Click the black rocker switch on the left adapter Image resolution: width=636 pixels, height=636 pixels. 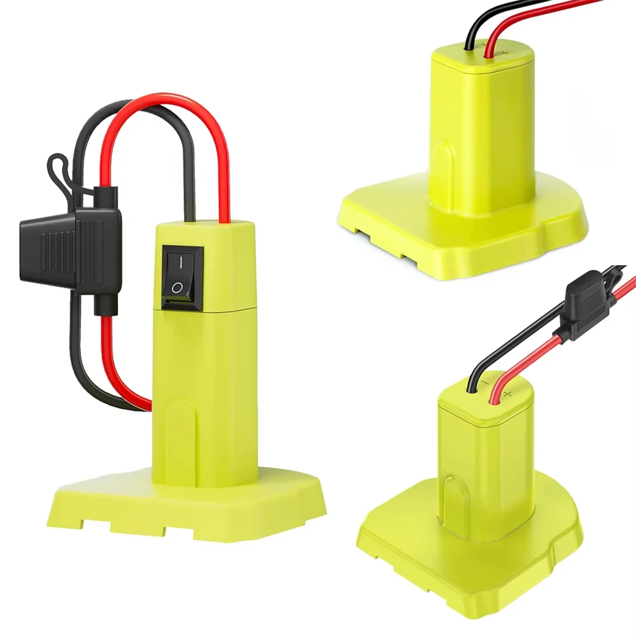[x=182, y=278]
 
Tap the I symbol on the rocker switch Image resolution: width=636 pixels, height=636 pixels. [x=181, y=262]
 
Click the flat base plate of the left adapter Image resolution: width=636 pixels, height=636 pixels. [x=191, y=502]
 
